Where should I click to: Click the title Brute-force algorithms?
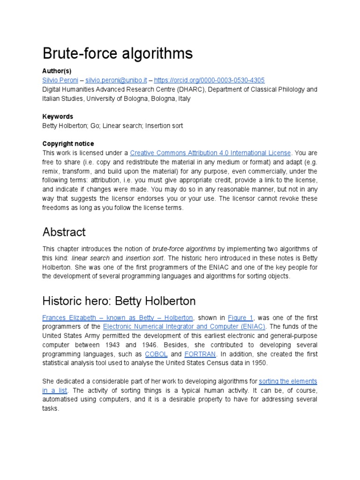[117, 54]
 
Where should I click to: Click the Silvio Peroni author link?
[60, 80]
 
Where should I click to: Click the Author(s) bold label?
[57, 71]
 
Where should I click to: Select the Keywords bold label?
[58, 116]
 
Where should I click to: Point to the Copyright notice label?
[68, 143]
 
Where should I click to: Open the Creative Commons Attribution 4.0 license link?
[210, 153]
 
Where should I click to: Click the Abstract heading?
[64, 232]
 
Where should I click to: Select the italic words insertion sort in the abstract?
[145, 258]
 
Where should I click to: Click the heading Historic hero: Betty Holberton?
[119, 300]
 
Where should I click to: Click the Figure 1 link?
[240, 317]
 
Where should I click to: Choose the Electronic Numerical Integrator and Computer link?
[184, 326]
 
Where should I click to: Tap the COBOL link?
[156, 354]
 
